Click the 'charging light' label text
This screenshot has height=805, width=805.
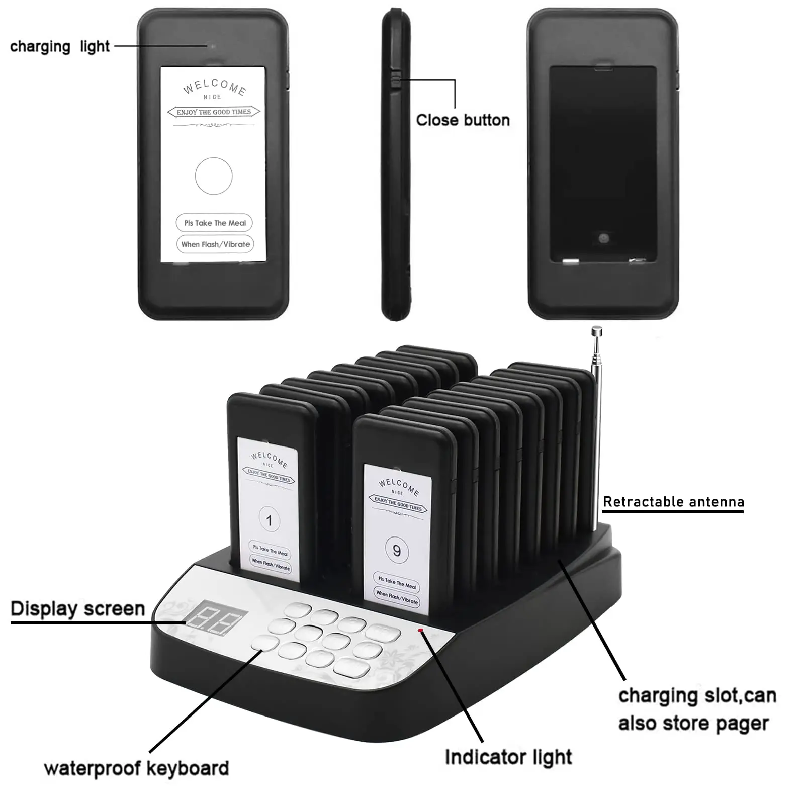click(60, 47)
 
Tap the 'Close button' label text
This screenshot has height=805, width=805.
click(463, 120)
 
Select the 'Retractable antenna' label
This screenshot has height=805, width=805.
click(673, 502)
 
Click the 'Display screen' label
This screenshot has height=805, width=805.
click(78, 609)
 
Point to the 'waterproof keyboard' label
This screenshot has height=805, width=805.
click(136, 768)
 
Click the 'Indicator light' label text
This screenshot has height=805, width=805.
click(508, 757)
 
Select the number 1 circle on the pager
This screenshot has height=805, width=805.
click(269, 520)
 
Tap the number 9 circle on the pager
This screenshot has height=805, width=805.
click(397, 551)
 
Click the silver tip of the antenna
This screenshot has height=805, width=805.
click(597, 331)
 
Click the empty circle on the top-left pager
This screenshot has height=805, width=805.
click(214, 176)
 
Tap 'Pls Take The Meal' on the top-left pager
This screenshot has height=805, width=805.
click(215, 223)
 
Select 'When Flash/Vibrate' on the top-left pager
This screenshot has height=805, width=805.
click(215, 244)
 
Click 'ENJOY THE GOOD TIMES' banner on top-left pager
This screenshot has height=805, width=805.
click(214, 112)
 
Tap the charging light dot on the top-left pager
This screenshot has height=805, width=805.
click(213, 46)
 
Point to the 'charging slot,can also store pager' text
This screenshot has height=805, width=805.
click(697, 709)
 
